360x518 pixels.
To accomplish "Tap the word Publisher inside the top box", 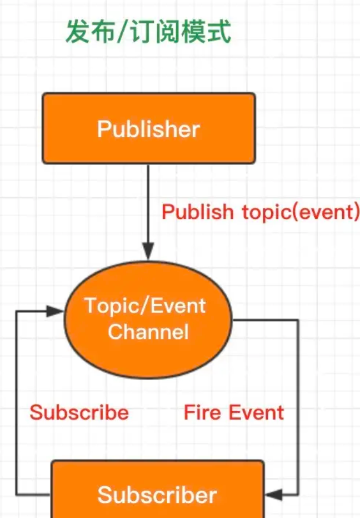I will click(x=148, y=129).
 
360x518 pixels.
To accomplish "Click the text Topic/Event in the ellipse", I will click(x=145, y=306).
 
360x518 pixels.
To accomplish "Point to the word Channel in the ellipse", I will click(x=148, y=332).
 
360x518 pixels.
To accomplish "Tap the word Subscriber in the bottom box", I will click(x=157, y=495).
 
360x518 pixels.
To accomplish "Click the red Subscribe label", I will click(x=79, y=413).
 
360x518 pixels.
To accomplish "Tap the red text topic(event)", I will click(x=301, y=212).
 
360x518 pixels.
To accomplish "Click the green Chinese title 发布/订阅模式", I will click(x=148, y=32).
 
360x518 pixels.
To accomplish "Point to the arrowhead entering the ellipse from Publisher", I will click(x=148, y=253).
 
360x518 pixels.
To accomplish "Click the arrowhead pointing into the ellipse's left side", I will click(x=56, y=311).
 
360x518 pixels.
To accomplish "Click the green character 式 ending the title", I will click(x=219, y=32).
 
